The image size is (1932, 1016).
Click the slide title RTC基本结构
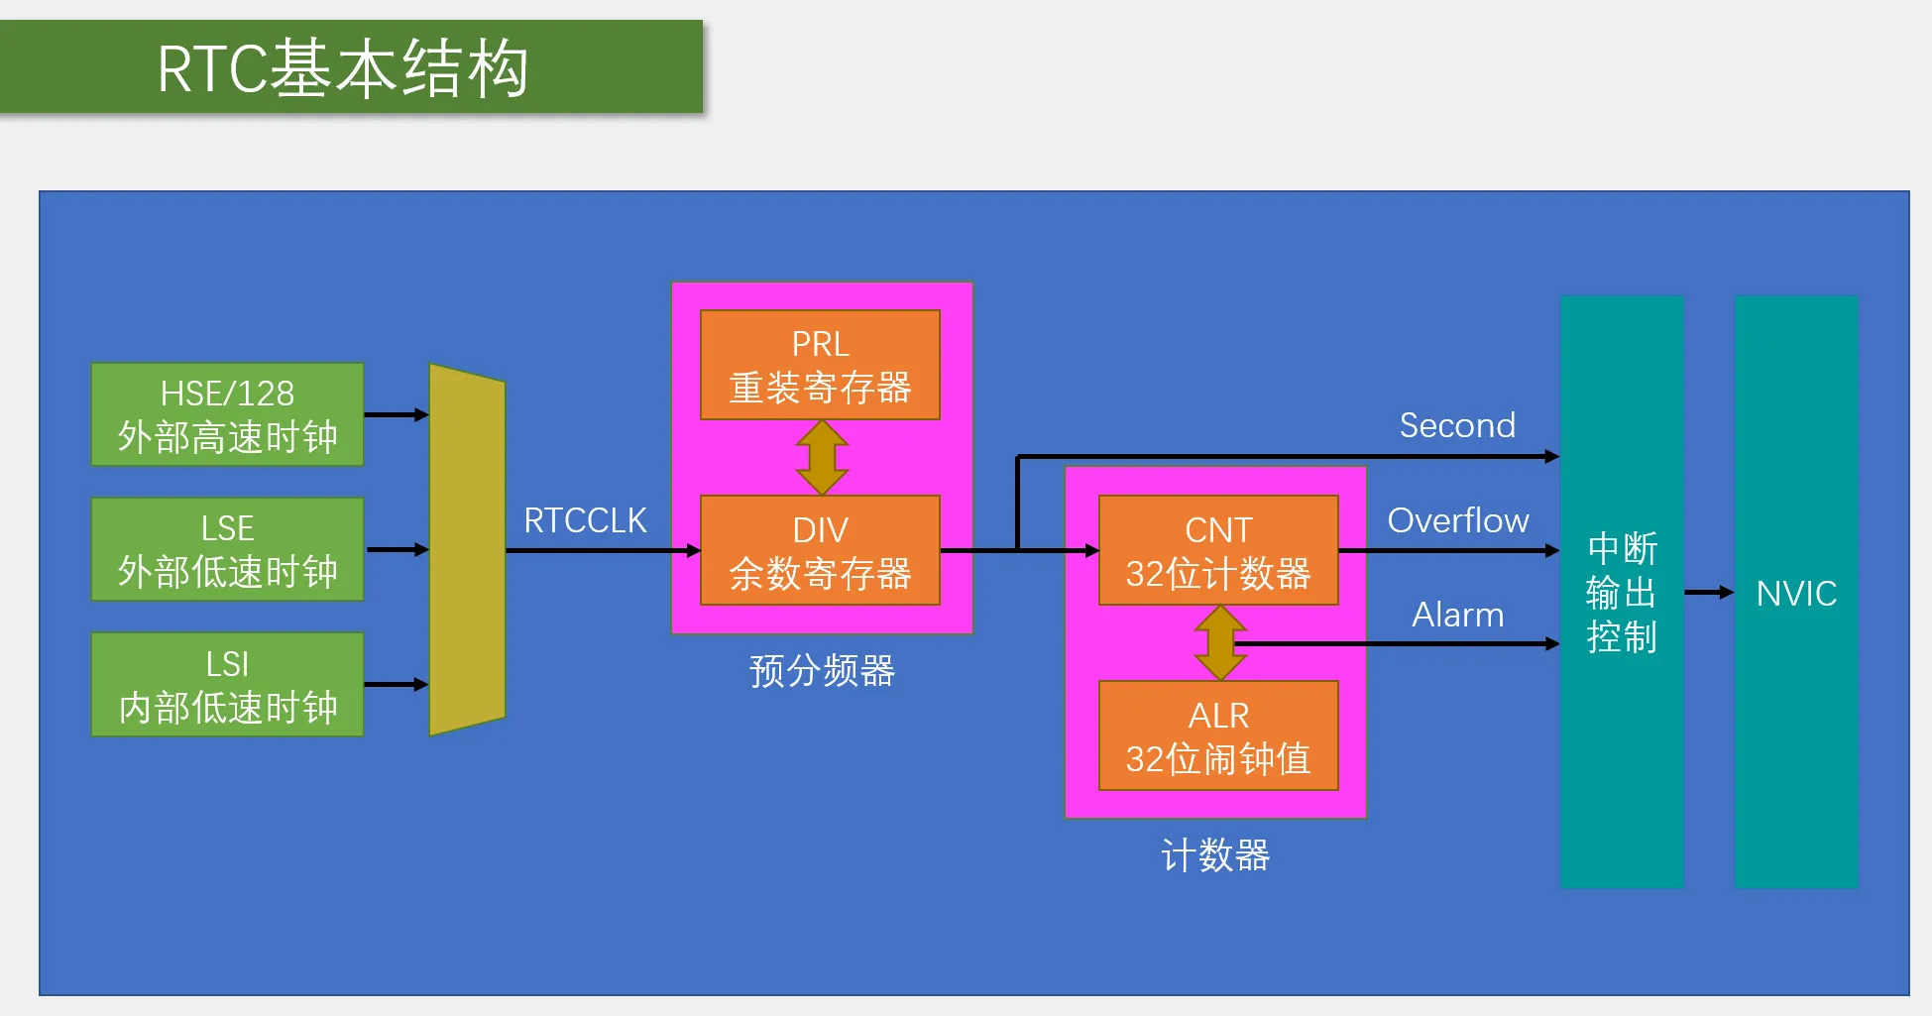(x=343, y=68)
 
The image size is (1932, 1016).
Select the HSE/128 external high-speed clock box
(x=227, y=414)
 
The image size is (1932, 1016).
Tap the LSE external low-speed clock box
(x=227, y=549)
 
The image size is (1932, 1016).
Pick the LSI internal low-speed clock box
(x=227, y=684)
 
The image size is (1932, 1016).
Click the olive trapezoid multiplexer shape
(x=467, y=549)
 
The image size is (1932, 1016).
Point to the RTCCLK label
(x=585, y=520)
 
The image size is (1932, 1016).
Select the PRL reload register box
(x=820, y=365)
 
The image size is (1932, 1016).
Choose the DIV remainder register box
(x=820, y=550)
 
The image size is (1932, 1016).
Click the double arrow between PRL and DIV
(x=822, y=458)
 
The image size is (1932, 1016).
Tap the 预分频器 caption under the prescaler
(x=822, y=671)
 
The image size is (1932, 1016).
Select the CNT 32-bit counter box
(x=1218, y=550)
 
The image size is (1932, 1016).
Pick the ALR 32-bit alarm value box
(x=1218, y=735)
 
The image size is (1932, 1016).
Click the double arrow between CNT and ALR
(x=1220, y=643)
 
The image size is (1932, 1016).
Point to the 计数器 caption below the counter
(x=1215, y=855)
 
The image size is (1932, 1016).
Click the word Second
(x=1457, y=425)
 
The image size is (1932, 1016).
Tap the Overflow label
(x=1458, y=520)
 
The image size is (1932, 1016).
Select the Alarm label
(x=1457, y=615)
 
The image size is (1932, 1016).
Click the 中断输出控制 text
(x=1622, y=593)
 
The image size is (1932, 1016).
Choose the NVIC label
(x=1796, y=594)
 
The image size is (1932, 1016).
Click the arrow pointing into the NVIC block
(x=1709, y=593)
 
